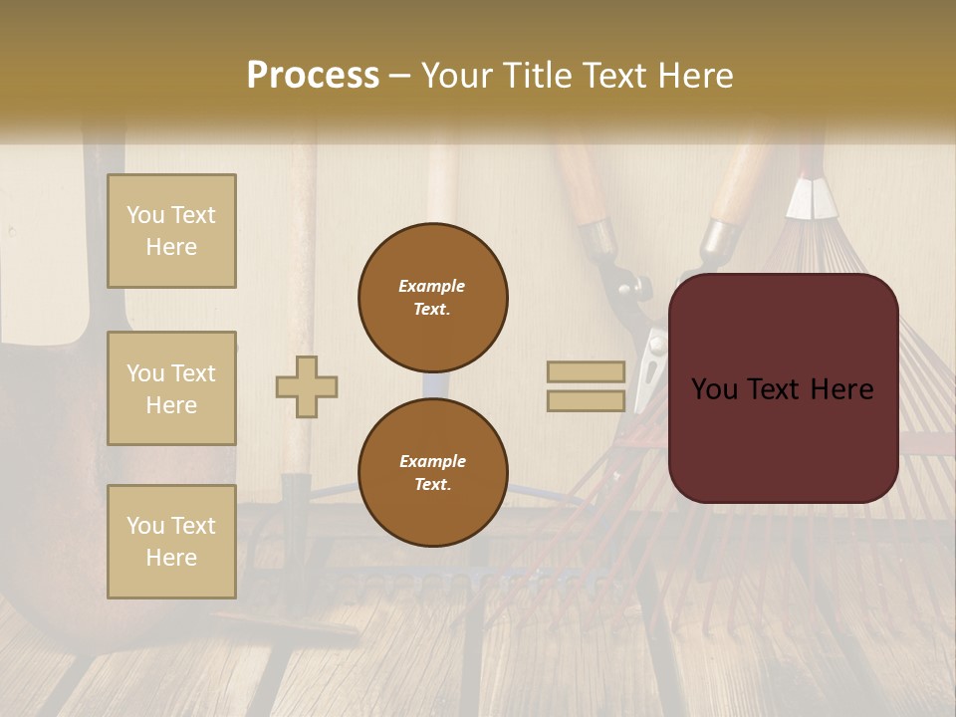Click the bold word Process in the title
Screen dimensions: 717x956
313,76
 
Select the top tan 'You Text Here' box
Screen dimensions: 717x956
171,231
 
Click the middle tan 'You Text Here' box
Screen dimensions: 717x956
171,388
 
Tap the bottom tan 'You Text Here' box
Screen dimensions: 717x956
171,542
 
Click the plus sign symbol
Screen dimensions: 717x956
307,386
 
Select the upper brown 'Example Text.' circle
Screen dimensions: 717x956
433,298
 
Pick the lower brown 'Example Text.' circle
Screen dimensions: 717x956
433,473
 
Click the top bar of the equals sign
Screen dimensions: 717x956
586,372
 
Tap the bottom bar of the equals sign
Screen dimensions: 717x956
586,401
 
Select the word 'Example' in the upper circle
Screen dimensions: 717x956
432,286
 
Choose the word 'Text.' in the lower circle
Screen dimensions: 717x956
432,485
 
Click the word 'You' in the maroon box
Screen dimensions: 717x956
714,389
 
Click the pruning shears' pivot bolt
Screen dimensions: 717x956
629,289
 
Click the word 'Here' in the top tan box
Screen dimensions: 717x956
171,247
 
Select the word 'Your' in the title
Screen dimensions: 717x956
457,76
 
